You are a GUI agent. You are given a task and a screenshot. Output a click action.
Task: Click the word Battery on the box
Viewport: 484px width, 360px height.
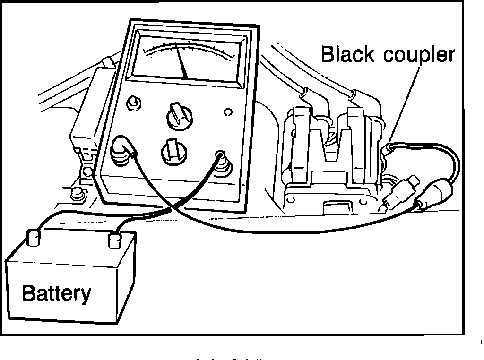56,293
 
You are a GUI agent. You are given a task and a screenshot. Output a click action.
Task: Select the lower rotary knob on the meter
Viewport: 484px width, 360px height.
171,151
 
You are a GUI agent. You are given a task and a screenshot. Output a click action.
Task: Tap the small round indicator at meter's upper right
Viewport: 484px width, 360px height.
228,112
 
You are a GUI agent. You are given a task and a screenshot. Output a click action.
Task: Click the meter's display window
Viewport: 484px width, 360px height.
186,59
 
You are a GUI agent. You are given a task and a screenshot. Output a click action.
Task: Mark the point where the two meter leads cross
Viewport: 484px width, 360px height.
172,208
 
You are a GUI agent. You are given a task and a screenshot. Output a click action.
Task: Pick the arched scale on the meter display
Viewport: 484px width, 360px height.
189,48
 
